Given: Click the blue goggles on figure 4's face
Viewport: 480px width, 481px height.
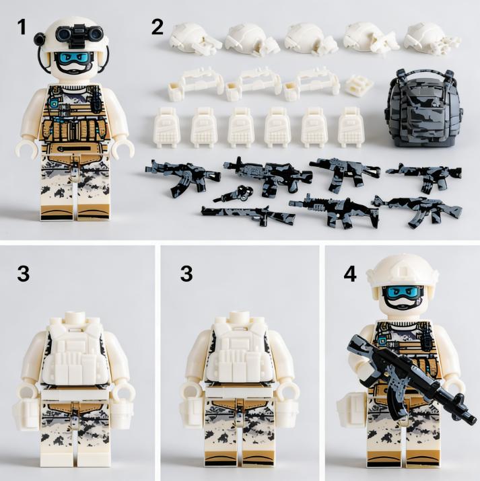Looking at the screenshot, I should pyautogui.click(x=404, y=293).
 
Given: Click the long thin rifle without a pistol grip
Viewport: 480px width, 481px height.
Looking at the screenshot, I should pyautogui.click(x=246, y=214).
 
